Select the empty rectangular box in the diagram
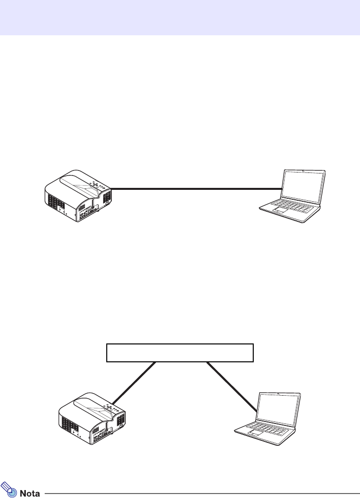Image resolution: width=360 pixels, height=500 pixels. tap(180, 352)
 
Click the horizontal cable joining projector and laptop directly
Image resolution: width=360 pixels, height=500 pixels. tap(194, 189)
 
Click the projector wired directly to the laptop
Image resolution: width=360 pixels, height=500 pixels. tap(78, 195)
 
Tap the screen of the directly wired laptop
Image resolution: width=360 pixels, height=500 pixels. tap(303, 184)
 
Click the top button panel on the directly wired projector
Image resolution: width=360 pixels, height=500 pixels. tap(97, 185)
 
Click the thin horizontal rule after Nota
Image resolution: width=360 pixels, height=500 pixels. tap(199, 494)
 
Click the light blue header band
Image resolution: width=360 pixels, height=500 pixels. tap(180, 17)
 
